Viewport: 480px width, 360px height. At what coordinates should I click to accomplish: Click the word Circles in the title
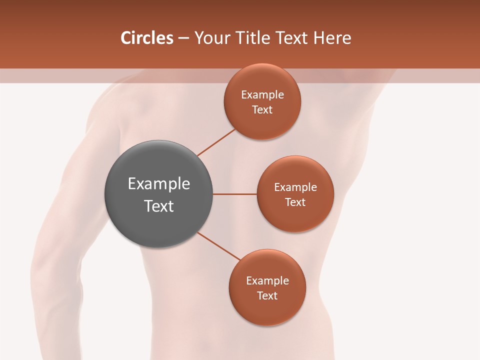tap(147, 38)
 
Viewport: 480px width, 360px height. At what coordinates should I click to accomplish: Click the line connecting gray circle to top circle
tap(216, 142)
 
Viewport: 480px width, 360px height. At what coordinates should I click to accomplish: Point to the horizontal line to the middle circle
tap(234, 194)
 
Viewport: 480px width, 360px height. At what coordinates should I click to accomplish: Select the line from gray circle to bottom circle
tap(219, 246)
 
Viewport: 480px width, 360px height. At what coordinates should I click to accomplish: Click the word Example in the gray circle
tap(159, 184)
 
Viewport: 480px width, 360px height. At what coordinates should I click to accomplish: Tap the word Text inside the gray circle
tap(159, 206)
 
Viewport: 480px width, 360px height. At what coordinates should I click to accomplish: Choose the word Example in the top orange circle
tap(262, 95)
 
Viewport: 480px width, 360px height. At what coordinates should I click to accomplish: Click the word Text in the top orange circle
tap(262, 110)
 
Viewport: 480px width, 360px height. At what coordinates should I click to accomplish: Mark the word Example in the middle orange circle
tap(295, 187)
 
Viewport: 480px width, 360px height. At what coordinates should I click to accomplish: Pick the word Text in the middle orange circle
tap(295, 202)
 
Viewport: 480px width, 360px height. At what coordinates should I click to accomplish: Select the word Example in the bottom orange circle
tap(267, 281)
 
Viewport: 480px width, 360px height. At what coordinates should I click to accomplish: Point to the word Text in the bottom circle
tap(267, 296)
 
